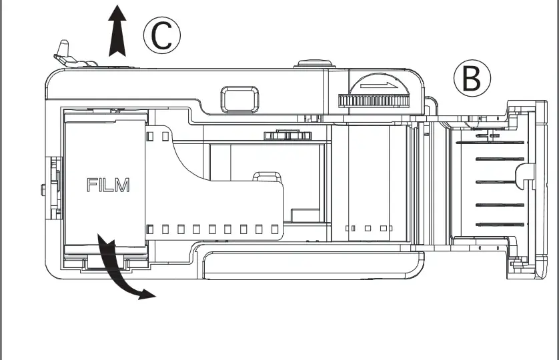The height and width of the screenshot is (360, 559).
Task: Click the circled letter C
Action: pyautogui.click(x=162, y=35)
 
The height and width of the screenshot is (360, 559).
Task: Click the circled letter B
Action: pyautogui.click(x=472, y=78)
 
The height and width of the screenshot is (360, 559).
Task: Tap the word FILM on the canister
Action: pyautogui.click(x=108, y=185)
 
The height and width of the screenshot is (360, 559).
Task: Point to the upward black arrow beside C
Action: pyautogui.click(x=117, y=31)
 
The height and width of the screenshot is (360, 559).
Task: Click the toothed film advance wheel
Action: pyautogui.click(x=374, y=101)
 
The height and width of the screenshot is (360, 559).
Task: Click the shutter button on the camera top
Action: pyautogui.click(x=315, y=64)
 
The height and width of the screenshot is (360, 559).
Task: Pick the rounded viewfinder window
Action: pyautogui.click(x=239, y=99)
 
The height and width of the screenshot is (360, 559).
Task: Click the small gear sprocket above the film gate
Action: pyautogui.click(x=288, y=135)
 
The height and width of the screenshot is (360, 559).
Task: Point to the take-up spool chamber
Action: pyautogui.click(x=369, y=183)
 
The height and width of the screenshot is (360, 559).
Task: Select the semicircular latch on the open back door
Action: pyautogui.click(x=525, y=176)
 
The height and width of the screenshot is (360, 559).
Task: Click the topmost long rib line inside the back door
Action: pyautogui.click(x=490, y=143)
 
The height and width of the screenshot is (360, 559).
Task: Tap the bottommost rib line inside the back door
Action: pyautogui.click(x=500, y=225)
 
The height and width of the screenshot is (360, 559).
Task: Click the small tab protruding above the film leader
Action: pyautogui.click(x=267, y=177)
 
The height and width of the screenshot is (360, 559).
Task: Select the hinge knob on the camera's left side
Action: pyautogui.click(x=43, y=189)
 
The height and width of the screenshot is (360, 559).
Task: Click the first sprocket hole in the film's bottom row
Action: pyautogui.click(x=149, y=229)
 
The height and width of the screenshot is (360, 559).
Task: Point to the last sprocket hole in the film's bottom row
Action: pyautogui.click(x=275, y=229)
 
